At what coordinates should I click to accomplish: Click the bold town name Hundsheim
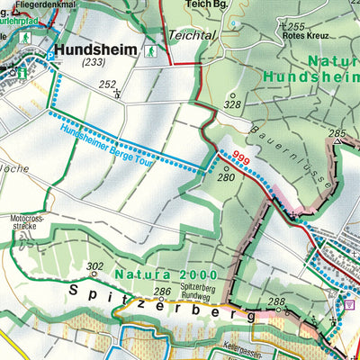pos(98,52)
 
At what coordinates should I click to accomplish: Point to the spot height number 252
pos(109,85)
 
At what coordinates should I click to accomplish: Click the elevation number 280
pos(225,177)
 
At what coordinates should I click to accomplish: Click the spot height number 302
pos(94,266)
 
